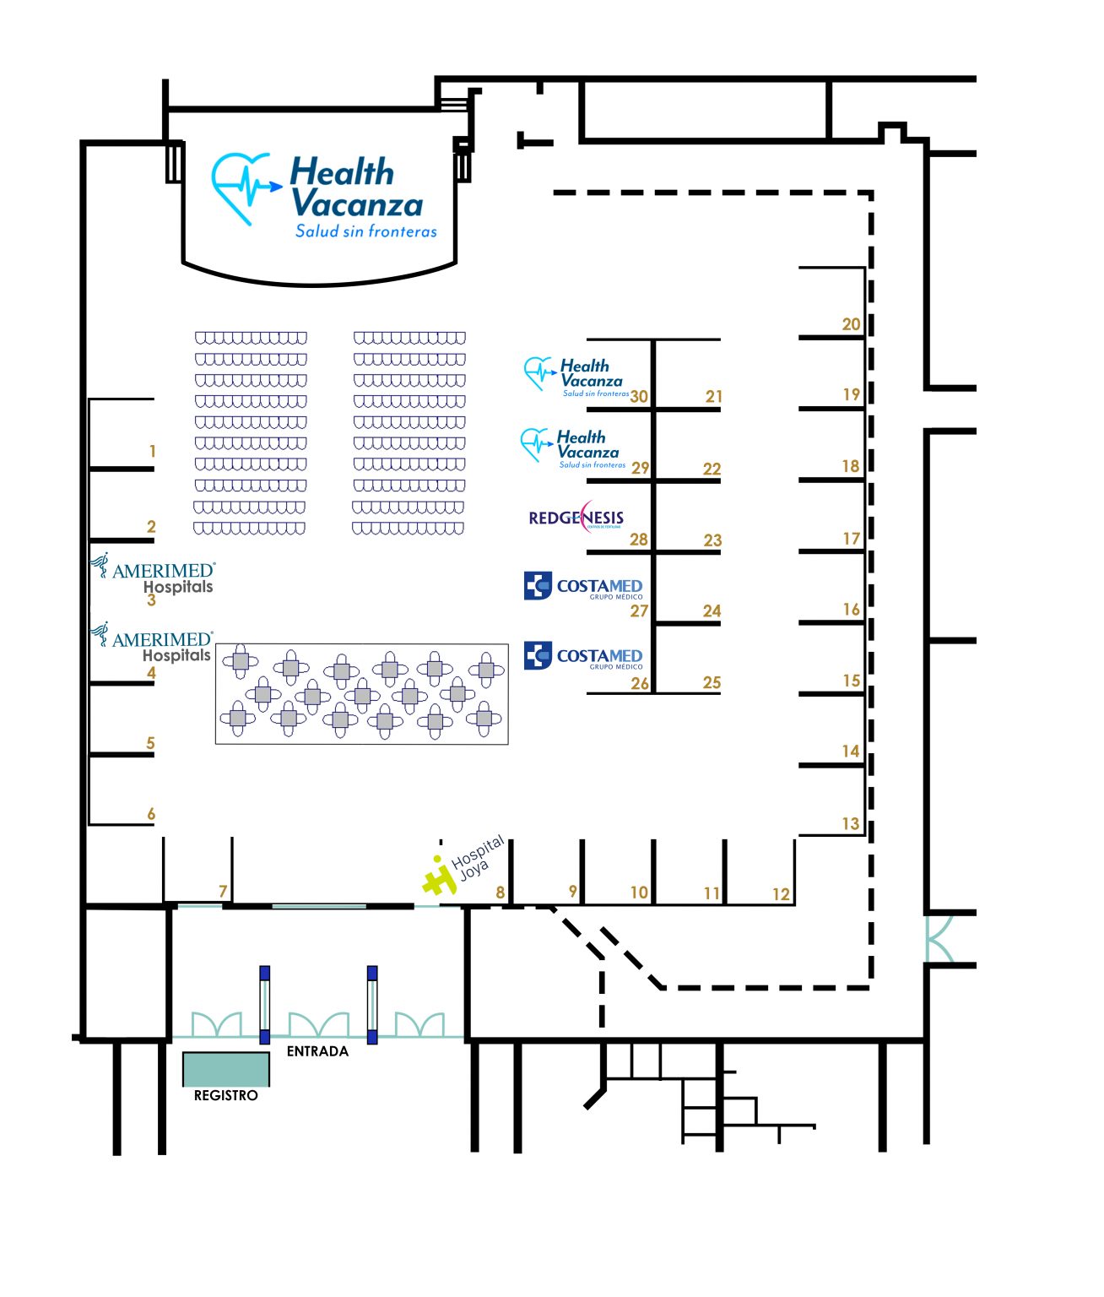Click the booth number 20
tap(851, 323)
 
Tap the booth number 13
tap(851, 823)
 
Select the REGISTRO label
tap(225, 1095)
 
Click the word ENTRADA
tap(317, 1051)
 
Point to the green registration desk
tap(226, 1069)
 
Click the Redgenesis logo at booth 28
tap(576, 517)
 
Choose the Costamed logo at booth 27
tap(583, 586)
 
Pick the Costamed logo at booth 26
tap(583, 656)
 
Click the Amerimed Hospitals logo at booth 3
tap(153, 573)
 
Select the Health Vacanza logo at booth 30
tap(574, 376)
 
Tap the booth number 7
tap(223, 891)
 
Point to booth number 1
tap(153, 451)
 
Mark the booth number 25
tap(712, 682)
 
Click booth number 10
tap(639, 893)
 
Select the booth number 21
tap(714, 396)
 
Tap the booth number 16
tap(851, 609)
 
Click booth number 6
tap(151, 814)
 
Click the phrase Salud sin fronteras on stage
tap(366, 231)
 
